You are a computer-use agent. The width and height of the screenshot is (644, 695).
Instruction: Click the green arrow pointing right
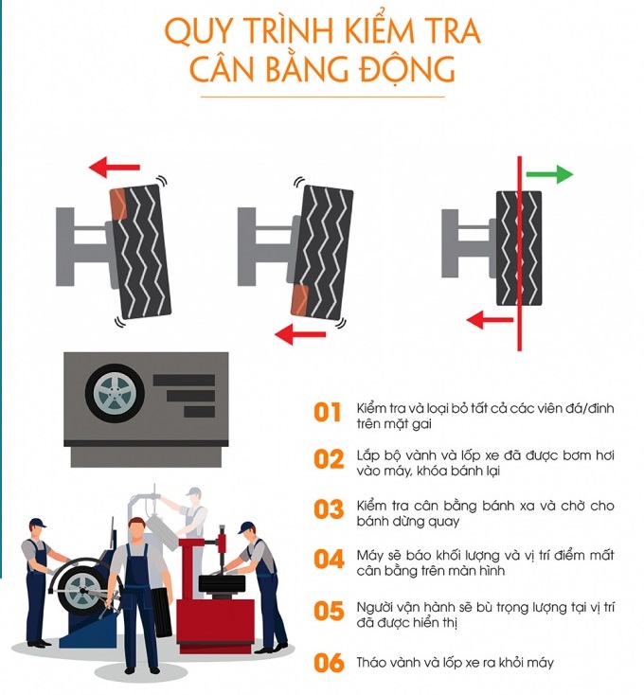coord(549,174)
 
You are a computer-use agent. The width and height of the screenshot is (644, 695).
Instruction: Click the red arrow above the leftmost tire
coord(115,167)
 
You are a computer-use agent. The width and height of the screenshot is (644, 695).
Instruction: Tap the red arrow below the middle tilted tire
coord(300,334)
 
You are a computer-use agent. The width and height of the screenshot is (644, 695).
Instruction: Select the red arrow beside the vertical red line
coord(490,320)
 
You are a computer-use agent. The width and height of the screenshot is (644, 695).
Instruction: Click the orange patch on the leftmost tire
coord(118,205)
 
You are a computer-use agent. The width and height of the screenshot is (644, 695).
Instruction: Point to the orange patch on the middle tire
coord(299,300)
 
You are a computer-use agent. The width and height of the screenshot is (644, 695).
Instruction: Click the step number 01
coord(327,413)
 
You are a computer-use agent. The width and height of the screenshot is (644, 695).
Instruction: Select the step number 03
coord(329,509)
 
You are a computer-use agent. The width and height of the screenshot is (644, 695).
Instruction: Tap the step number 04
coord(329,560)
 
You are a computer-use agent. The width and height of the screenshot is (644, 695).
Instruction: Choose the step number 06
coord(329,664)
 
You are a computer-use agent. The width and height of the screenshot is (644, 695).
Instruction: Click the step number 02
coord(329,459)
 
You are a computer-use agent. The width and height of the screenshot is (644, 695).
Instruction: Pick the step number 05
coord(329,612)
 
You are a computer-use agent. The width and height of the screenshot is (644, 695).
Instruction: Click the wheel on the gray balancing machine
coord(115,393)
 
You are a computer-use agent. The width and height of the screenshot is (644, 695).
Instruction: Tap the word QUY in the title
coord(198,31)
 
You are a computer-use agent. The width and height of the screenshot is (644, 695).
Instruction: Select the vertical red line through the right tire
coord(519,253)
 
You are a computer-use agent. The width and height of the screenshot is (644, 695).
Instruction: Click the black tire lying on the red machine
coord(222,583)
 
